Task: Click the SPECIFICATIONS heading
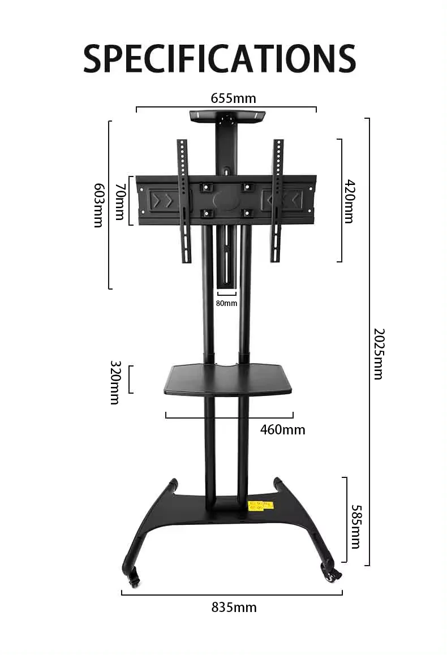(x=220, y=58)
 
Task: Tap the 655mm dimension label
(x=233, y=98)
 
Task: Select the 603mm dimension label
(x=98, y=205)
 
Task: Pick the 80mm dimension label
(x=226, y=304)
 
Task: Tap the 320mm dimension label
(x=115, y=382)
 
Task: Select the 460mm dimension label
(x=282, y=430)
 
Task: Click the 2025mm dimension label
(x=378, y=354)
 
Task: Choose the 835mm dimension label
(x=234, y=608)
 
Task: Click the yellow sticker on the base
(x=261, y=505)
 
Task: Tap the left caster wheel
(x=134, y=578)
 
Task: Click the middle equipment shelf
(x=228, y=379)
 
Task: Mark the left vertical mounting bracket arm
(x=184, y=201)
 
